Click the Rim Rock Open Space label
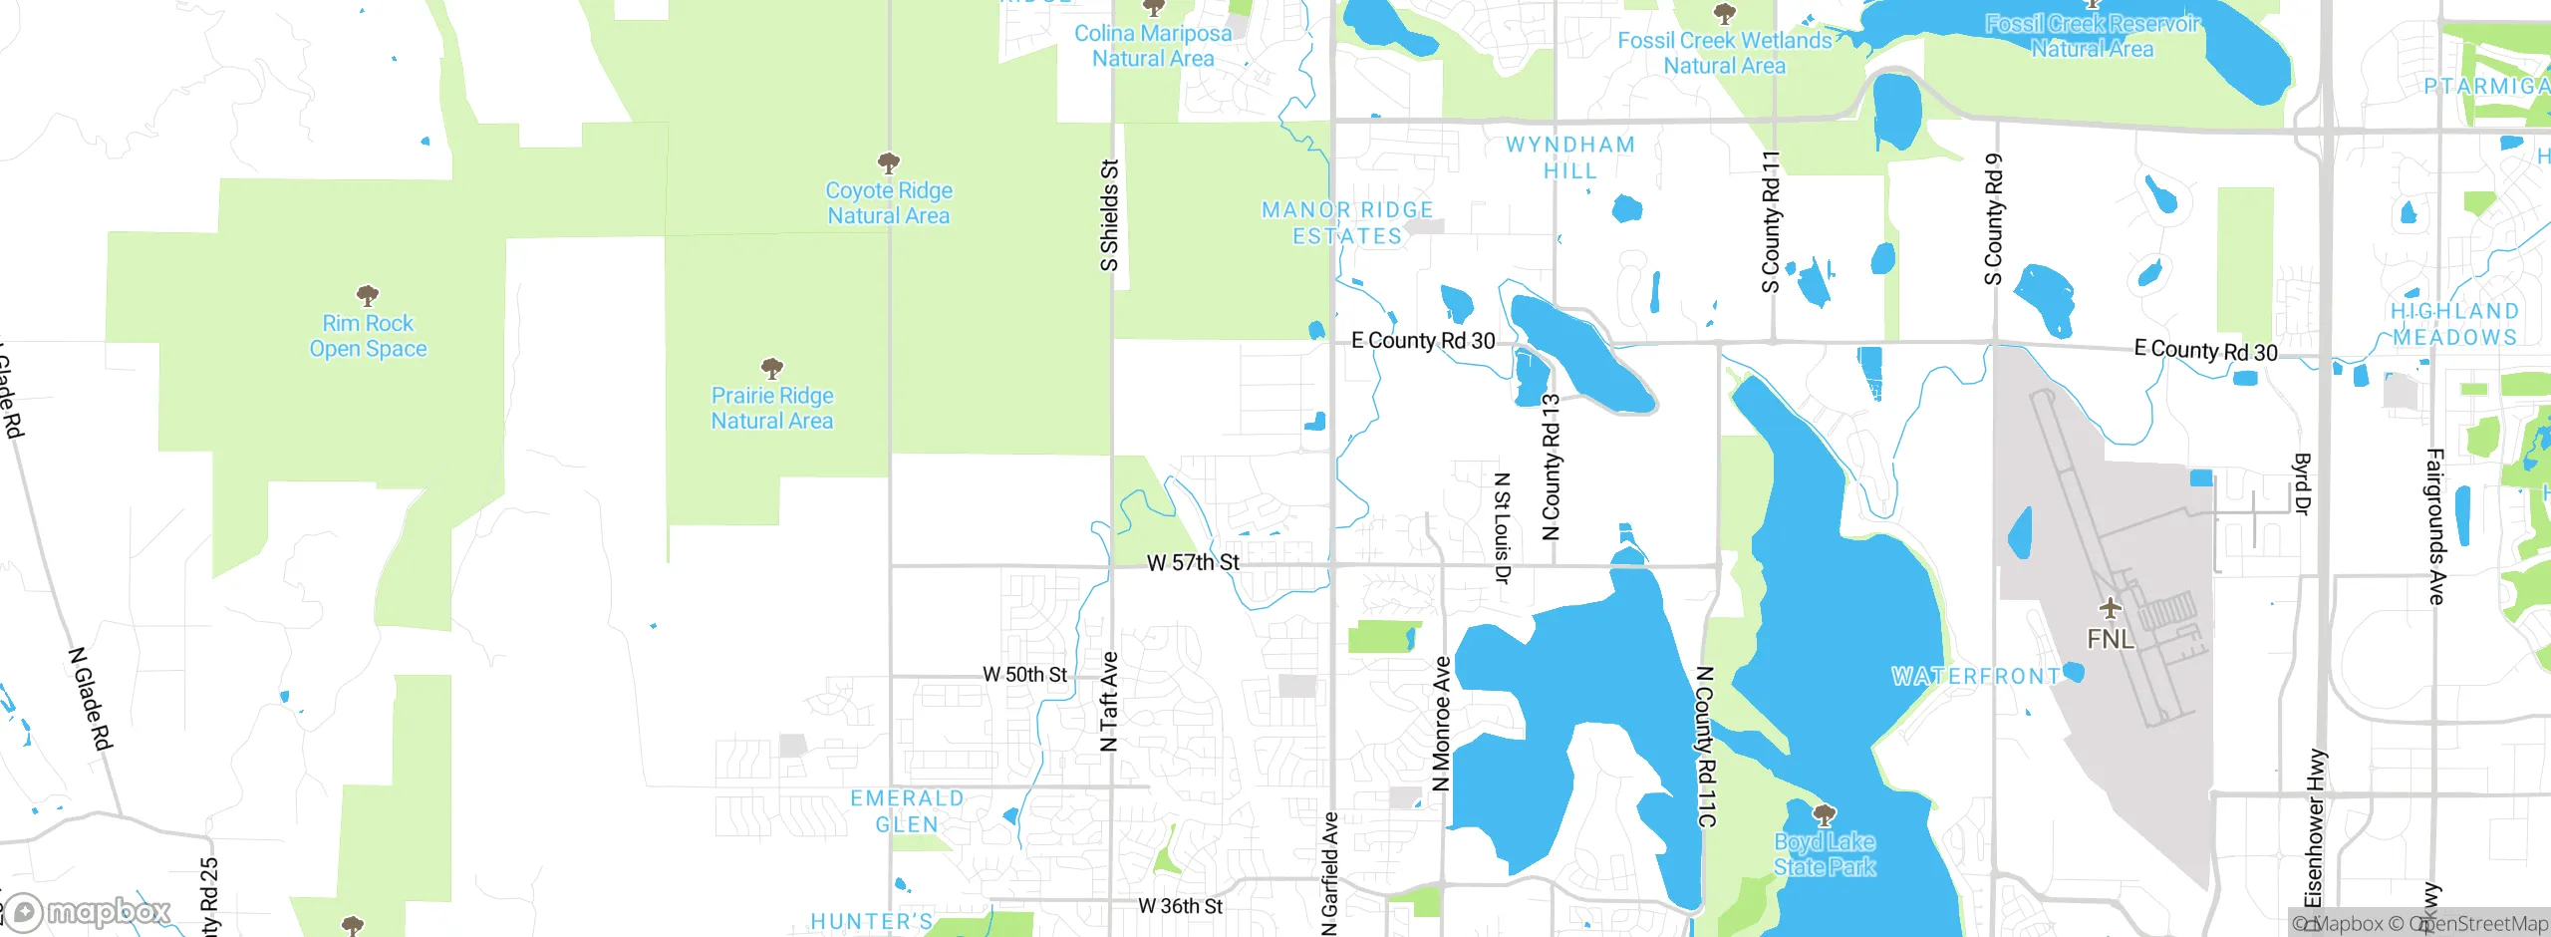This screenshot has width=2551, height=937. point(368,336)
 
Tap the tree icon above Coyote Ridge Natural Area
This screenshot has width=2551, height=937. point(889,162)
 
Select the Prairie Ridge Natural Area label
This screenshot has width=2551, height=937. point(772,409)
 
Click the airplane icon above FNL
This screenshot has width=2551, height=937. point(2110,607)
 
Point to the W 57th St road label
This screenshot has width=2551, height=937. point(1193,563)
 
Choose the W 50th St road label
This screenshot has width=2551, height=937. point(1024,675)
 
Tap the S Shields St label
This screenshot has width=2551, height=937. point(1109,215)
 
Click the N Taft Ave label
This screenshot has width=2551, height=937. point(1109,701)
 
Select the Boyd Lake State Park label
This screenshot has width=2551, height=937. point(1825,854)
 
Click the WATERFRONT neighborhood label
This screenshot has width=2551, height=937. point(1976,677)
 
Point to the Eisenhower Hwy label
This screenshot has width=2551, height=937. point(2315,827)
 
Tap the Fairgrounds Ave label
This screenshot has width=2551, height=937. point(2435,526)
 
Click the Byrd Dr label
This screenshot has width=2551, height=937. point(2302,484)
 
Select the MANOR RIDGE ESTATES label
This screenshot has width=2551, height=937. point(1347,223)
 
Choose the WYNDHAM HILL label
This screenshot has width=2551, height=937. point(1570,157)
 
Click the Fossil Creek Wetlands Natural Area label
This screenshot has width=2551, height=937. point(1725,53)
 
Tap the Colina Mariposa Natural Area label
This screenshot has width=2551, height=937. point(1153,46)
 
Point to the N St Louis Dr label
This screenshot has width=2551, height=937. point(1503,527)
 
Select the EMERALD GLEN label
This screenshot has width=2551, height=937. point(907,811)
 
